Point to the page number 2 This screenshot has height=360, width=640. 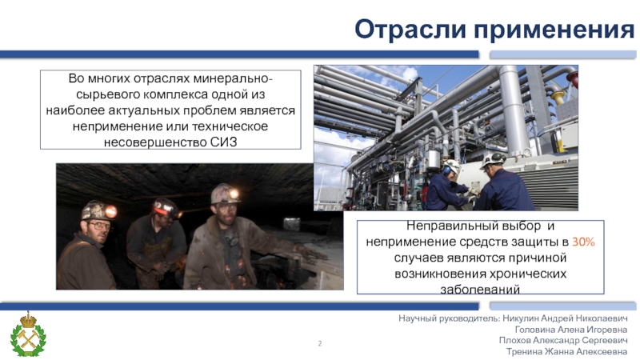(x=320, y=343)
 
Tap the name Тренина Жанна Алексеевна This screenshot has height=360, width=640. (x=567, y=352)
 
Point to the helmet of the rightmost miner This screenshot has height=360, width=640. (x=225, y=194)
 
